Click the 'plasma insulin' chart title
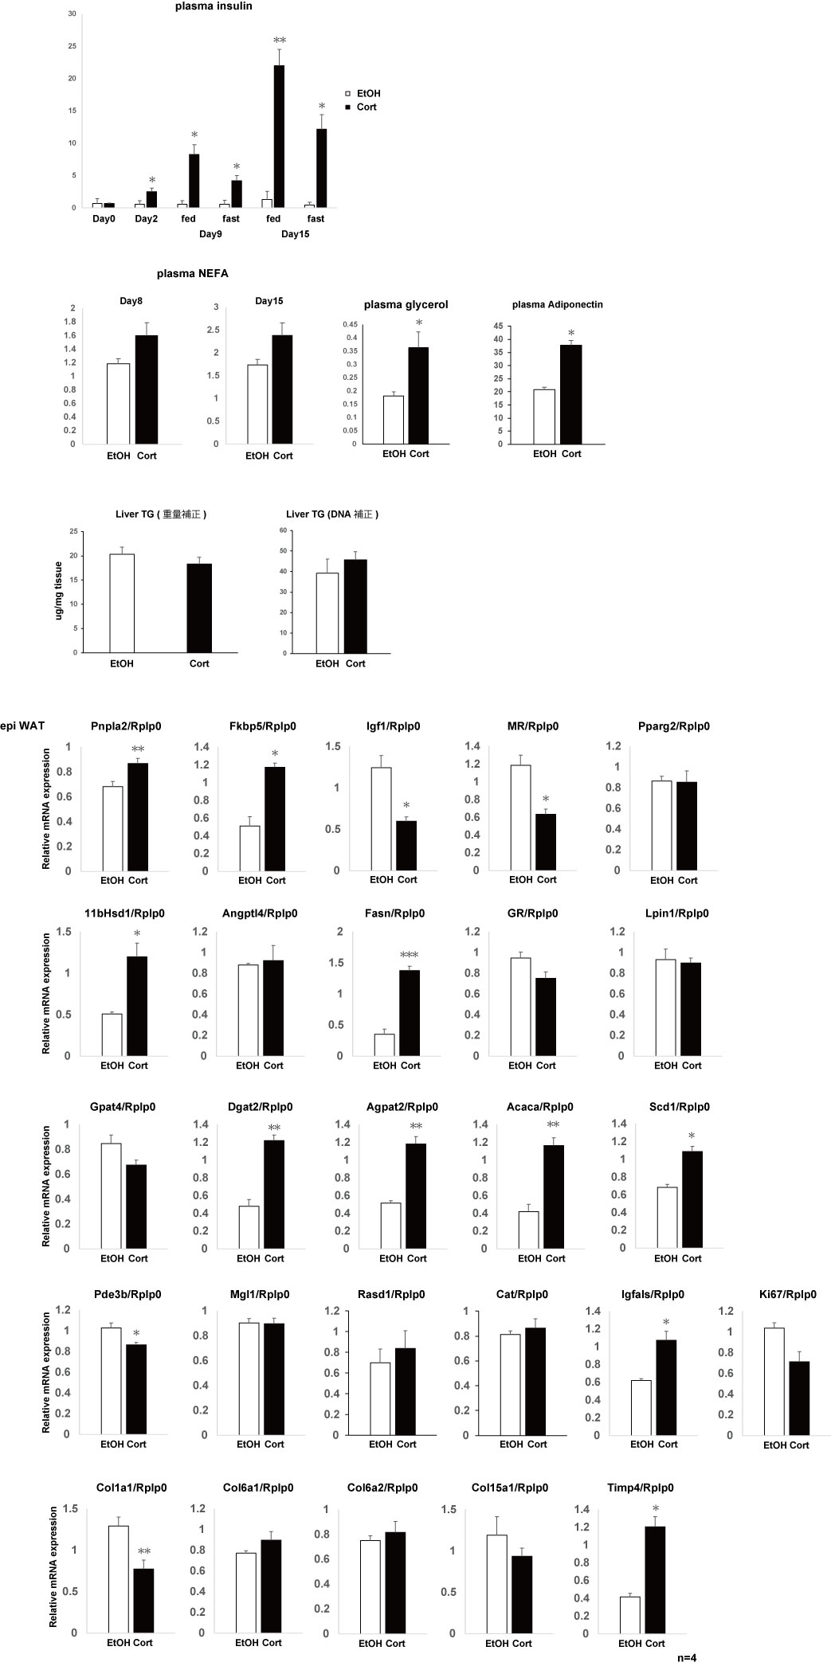(214, 6)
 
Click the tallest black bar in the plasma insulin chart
(279, 136)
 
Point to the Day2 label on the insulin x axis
(146, 218)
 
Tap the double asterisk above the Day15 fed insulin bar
(280, 41)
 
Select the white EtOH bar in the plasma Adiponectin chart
(544, 416)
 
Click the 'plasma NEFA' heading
(193, 273)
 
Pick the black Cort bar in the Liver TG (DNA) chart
(355, 606)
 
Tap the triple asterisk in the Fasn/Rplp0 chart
(409, 955)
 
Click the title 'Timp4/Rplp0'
(634, 1487)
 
